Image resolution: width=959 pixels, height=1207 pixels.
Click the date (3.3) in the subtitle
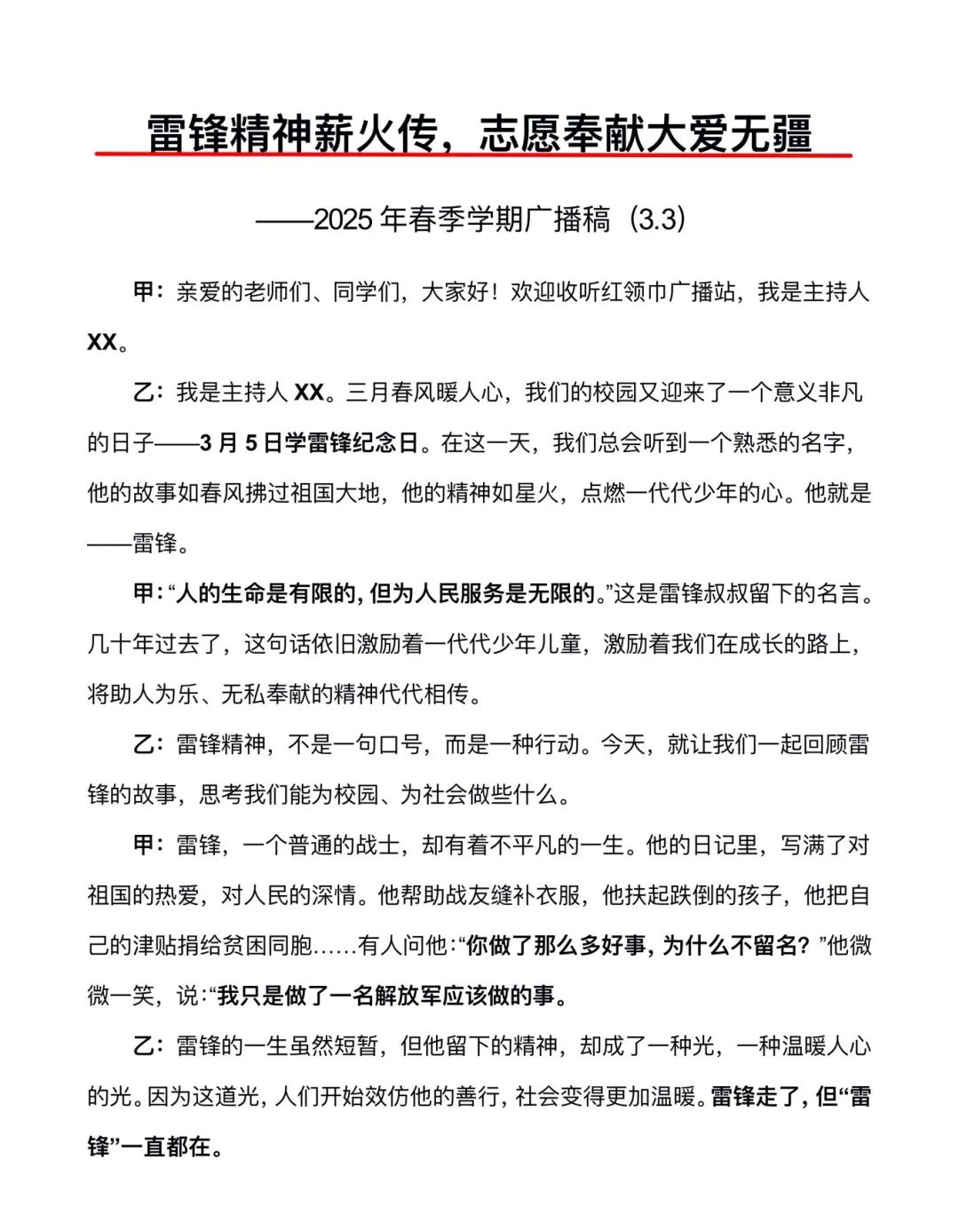point(657,218)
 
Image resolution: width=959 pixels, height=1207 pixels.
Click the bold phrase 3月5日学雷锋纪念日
point(309,442)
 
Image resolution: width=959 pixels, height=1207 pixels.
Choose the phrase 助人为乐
point(155,694)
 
